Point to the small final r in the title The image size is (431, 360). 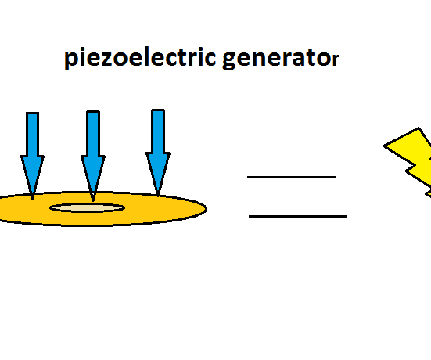point(335,62)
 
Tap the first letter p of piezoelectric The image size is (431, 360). point(71,62)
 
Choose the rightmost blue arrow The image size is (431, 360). point(158,151)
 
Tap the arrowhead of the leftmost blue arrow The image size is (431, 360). point(32,176)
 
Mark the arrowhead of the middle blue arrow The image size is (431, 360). point(92,178)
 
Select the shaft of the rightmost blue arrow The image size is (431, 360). point(158,130)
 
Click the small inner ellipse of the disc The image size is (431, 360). point(87,207)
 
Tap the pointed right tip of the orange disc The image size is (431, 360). point(203,208)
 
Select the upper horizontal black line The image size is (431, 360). point(292,178)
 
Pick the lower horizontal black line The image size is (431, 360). point(297,215)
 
